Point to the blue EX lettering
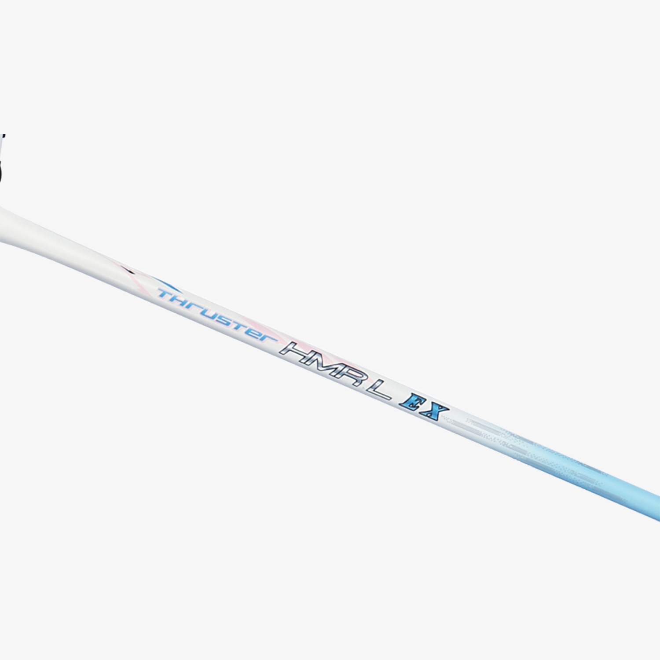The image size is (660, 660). [x=424, y=408]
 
